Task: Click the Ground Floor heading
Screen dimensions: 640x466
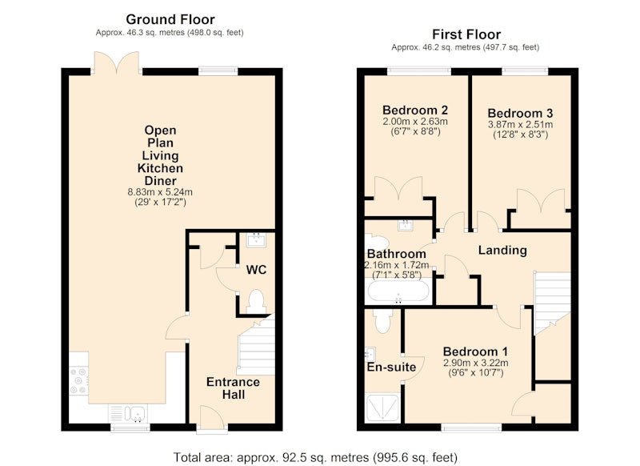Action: [x=170, y=19]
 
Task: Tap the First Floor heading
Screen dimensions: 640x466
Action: [x=466, y=34]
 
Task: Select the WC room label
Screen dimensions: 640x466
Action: [x=256, y=270]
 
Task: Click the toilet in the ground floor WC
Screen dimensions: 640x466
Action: [x=256, y=301]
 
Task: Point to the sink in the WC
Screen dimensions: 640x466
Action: [x=256, y=239]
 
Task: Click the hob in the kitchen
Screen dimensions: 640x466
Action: [x=78, y=381]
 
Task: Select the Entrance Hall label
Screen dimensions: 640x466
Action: [x=233, y=388]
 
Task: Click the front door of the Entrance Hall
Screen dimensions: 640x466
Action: [x=212, y=417]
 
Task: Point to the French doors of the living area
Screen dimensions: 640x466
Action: [x=116, y=63]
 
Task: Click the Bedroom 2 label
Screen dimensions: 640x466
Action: [x=415, y=110]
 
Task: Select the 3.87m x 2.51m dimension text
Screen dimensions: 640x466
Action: [x=521, y=124]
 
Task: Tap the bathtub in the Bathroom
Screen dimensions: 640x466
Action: [x=398, y=291]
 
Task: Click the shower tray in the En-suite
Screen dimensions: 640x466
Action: [x=382, y=408]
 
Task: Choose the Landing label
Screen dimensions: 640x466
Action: [x=502, y=250]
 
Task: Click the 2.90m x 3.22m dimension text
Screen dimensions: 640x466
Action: [x=475, y=363]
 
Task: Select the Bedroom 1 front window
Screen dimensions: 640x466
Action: [x=471, y=428]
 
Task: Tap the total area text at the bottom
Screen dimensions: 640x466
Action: [x=315, y=457]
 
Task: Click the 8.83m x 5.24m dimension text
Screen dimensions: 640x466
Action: [x=160, y=192]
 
